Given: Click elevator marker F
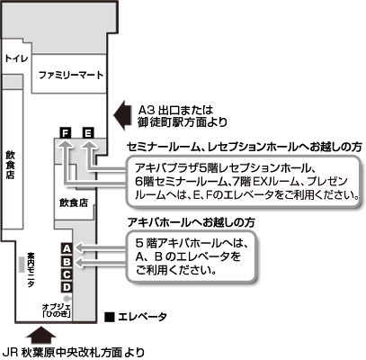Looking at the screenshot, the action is point(66,132).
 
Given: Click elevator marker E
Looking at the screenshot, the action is point(88,132).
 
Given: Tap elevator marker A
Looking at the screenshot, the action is point(67,248).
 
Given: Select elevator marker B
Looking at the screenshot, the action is point(67,262).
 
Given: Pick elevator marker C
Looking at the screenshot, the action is point(67,274).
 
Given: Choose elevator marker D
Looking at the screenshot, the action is point(67,287).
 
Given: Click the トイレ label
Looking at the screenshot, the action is point(17,58).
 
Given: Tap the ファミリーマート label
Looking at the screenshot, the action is point(71,75).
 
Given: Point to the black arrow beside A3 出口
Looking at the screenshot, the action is point(122,115).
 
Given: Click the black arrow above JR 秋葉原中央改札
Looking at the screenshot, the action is point(40,335).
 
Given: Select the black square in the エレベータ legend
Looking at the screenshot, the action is point(110,318).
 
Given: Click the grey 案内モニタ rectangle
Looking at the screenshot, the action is point(22,265).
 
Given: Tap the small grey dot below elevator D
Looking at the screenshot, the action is point(67,298).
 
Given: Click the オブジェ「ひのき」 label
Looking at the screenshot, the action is point(58,310).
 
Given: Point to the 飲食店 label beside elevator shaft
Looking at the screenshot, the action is point(74,202).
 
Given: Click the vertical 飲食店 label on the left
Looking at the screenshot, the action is point(10,165).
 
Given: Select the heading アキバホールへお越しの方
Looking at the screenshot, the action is point(192,222).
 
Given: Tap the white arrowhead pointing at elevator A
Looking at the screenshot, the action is point(78,248).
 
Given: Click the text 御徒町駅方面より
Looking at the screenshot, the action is point(183,122).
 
